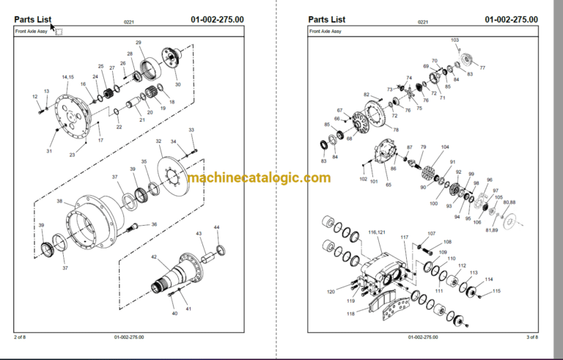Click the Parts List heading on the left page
click(34, 19)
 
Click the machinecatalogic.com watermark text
click(258, 178)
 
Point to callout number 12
click(34, 96)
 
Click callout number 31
click(49, 151)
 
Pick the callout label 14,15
click(67, 77)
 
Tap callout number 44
click(216, 228)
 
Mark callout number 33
click(191, 130)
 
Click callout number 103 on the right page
click(455, 40)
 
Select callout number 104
click(445, 147)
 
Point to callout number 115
click(496, 291)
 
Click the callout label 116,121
click(376, 232)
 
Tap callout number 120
click(331, 292)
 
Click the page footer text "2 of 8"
click(20, 337)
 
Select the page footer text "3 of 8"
click(532, 337)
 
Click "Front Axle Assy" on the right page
click(325, 32)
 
